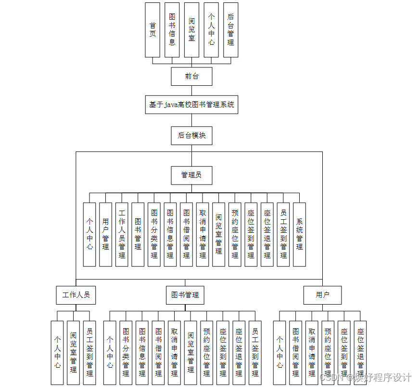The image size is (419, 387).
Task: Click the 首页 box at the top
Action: coord(152,30)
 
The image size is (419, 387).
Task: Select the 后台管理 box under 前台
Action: coord(230,30)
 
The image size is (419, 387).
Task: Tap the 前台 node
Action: coord(191,76)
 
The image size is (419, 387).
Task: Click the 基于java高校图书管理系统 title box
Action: coord(191,104)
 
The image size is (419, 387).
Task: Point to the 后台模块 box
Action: coord(191,135)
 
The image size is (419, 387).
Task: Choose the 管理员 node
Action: coord(191,175)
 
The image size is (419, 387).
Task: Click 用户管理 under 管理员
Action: coord(105,234)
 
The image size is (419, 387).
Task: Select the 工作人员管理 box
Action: coord(122,234)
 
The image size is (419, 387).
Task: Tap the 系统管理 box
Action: coord(299,234)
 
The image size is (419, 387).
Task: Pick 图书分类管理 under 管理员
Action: coord(154,234)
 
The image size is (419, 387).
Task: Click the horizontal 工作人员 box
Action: coord(76,295)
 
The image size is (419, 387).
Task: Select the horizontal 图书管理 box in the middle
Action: coord(185,295)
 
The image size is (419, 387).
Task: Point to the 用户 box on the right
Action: coord(322,295)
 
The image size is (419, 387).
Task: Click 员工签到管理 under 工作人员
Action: coord(89,352)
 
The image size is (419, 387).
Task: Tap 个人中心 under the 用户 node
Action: coord(279,352)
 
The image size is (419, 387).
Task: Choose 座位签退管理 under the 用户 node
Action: coord(360,352)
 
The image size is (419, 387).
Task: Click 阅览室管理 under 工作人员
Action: coord(73,352)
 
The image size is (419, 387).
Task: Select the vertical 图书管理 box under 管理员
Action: coord(138,234)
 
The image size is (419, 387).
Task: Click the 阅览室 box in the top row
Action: coord(191,30)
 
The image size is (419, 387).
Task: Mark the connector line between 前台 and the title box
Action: coord(191,90)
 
